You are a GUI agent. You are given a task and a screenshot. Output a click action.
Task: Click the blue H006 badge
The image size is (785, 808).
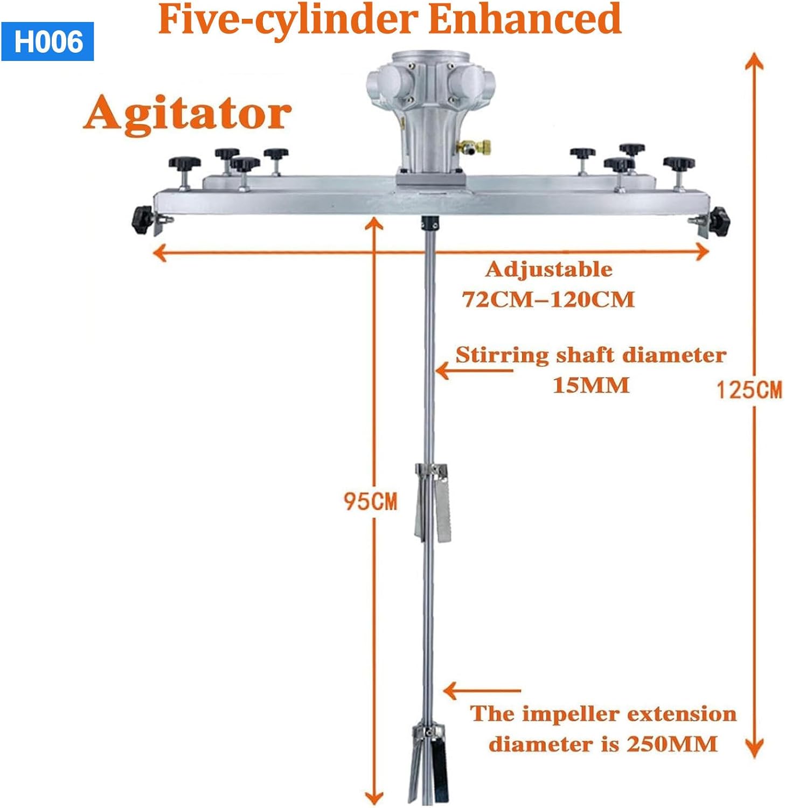(x=48, y=41)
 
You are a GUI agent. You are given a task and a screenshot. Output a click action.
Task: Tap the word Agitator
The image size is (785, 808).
(x=187, y=114)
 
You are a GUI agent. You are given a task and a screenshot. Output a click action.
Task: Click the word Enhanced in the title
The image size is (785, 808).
(x=525, y=19)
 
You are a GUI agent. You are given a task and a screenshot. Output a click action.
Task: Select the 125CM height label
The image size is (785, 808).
(x=749, y=389)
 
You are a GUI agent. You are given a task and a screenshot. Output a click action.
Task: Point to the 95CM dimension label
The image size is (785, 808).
(x=370, y=501)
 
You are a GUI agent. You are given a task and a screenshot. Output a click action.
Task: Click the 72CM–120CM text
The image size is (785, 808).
(x=548, y=299)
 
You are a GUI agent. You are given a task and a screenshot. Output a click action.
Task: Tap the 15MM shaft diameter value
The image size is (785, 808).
(x=591, y=385)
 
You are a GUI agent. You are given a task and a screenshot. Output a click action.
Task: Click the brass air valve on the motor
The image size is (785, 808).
(x=474, y=146)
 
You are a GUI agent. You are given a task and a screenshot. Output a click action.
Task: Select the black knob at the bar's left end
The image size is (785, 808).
(x=142, y=220)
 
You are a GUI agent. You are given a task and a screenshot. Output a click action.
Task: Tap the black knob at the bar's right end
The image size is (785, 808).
(x=718, y=220)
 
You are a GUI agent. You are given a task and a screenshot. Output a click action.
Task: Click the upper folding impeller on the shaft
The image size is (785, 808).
(x=432, y=501)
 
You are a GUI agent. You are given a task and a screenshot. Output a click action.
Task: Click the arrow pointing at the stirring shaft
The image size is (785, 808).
(x=474, y=371)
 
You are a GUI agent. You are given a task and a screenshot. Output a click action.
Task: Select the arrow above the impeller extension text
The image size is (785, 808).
(x=481, y=690)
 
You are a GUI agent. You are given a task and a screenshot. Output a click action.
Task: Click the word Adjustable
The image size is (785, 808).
(x=548, y=269)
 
